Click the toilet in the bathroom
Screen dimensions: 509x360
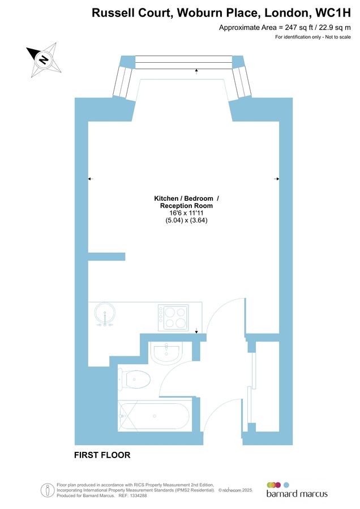(135, 378)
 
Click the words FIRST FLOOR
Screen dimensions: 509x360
(102, 455)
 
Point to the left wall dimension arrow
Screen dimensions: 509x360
(89, 179)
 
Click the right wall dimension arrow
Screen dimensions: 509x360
(277, 179)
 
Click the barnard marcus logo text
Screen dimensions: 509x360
(297, 494)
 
